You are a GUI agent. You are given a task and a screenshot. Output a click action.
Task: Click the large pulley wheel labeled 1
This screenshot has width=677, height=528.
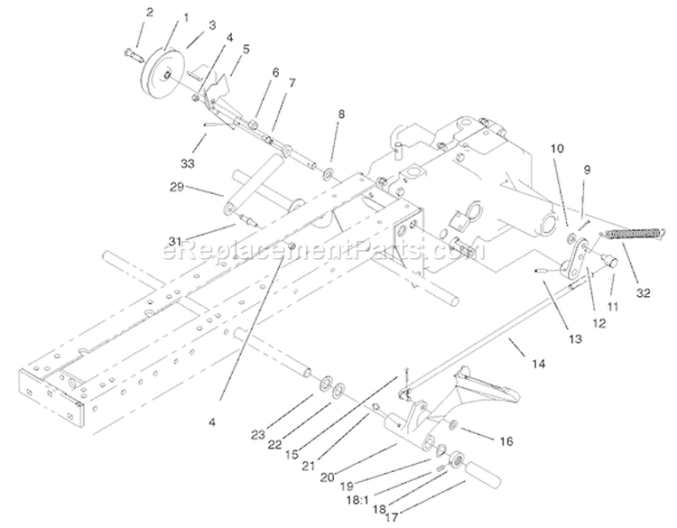(x=162, y=70)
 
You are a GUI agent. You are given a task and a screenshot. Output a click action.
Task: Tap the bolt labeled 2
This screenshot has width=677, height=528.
(x=133, y=55)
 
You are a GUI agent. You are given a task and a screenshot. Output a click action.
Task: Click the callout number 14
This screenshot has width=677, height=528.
(x=538, y=364)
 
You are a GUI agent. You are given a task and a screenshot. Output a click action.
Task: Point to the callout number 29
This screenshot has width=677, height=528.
(x=177, y=187)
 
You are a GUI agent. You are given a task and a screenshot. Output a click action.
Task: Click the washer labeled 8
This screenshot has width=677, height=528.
(x=328, y=175)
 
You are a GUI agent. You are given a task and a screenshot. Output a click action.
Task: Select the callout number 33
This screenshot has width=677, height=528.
(x=188, y=163)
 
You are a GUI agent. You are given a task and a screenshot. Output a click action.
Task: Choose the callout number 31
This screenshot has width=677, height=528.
(x=175, y=241)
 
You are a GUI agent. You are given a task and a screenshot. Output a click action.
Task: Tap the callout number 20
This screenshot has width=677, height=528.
(x=328, y=477)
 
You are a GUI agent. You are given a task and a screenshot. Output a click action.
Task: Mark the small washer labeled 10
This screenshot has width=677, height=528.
(x=571, y=236)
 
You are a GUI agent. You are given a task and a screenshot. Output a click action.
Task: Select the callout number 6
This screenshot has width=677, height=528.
(x=275, y=72)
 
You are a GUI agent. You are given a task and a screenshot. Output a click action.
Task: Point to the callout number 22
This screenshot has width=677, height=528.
(x=274, y=444)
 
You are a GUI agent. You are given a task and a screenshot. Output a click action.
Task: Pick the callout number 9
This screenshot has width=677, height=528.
(x=587, y=170)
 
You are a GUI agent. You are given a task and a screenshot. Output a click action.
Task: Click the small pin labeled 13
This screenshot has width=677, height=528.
(x=543, y=271)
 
